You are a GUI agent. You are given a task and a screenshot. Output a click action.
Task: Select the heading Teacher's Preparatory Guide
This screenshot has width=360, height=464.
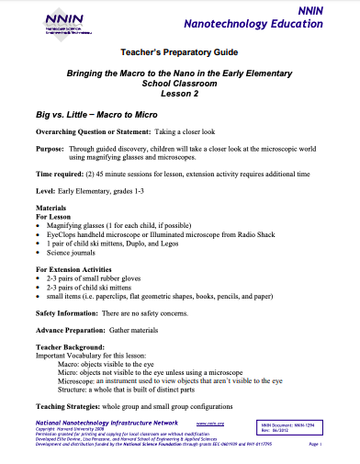click(x=179, y=54)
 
